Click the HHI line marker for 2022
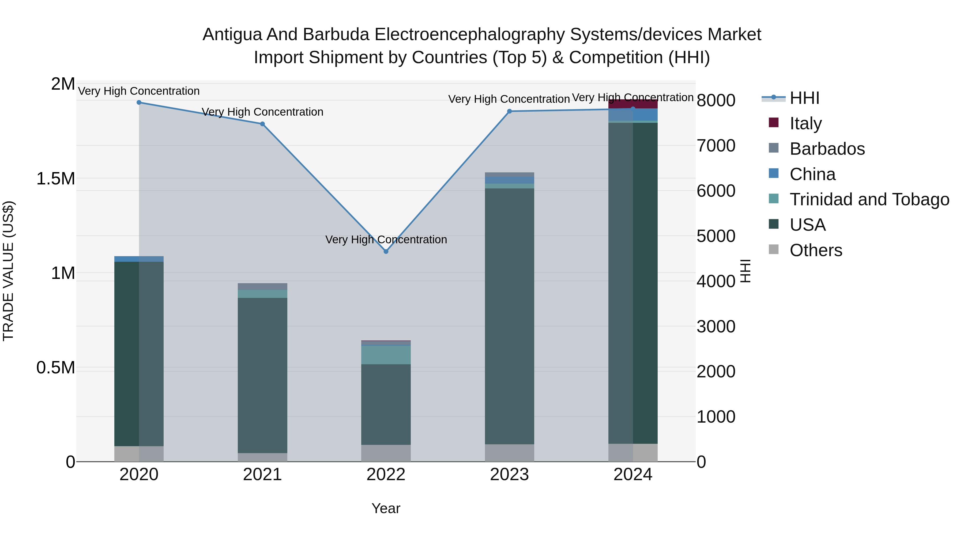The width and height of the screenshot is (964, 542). pos(386,251)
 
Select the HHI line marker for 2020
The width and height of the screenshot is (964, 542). pos(139,103)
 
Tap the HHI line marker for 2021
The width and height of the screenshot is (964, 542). pos(262,124)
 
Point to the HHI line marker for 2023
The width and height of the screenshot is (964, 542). pos(509,111)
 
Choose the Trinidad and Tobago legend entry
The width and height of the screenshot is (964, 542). pos(869,199)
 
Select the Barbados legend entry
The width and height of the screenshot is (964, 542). pos(827,149)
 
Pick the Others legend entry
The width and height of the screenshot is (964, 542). pos(816,250)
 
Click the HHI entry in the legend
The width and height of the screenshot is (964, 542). pos(805,98)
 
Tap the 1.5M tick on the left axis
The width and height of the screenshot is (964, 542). pos(56,179)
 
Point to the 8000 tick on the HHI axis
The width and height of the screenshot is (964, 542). pos(716,100)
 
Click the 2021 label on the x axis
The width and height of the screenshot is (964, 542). pos(262,475)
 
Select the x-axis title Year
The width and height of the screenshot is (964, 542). pos(386,508)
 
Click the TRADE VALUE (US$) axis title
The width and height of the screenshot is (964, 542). pos(8,271)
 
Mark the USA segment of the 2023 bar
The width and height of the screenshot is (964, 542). pos(509,316)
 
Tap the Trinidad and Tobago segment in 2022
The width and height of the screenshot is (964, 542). pos(386,355)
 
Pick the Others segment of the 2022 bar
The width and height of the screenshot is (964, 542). pos(386,453)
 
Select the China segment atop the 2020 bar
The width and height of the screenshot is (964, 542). pos(139,259)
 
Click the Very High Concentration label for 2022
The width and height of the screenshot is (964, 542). pos(386,239)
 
